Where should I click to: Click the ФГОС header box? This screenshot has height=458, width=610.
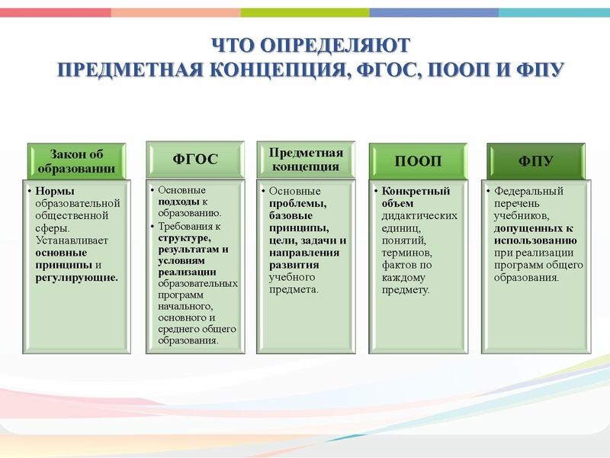(x=195, y=160)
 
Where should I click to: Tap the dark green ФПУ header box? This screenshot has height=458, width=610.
(x=535, y=160)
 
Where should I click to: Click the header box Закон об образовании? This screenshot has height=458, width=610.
(x=76, y=160)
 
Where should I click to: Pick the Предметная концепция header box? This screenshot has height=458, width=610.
(x=305, y=160)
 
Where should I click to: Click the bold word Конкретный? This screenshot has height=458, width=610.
(x=416, y=191)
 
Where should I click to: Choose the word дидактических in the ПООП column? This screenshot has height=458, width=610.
(x=419, y=215)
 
